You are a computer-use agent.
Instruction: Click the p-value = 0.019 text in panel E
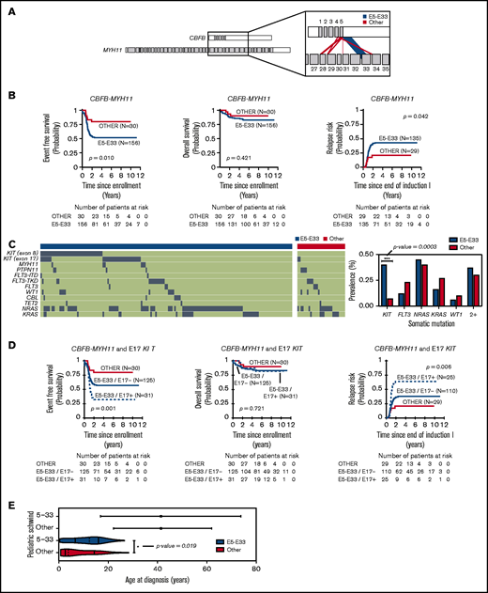pos(178,544)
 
